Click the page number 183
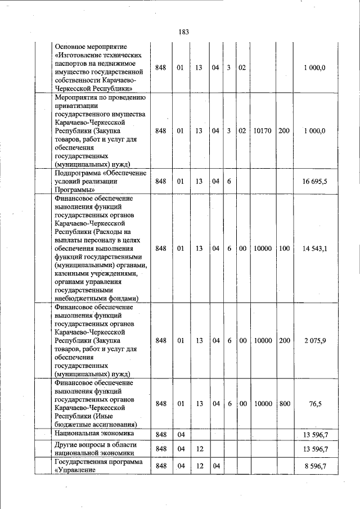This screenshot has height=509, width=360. (183, 32)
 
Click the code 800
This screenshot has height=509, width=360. (284, 403)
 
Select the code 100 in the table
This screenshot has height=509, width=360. (284, 248)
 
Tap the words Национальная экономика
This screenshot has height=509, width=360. (94, 434)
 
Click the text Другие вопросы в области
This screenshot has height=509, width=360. (95, 444)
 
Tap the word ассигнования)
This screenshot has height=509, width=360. (116, 424)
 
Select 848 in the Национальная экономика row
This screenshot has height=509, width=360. (161, 434)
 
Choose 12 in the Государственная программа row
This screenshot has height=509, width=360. (199, 466)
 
